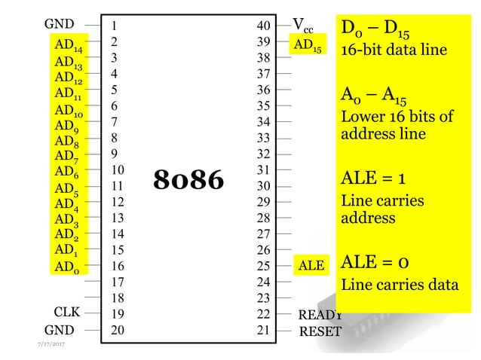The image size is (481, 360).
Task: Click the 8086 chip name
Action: [x=189, y=179]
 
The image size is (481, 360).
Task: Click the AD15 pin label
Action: [x=308, y=46]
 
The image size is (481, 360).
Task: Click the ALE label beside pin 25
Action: [x=311, y=266]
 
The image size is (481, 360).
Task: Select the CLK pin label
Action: [x=66, y=313]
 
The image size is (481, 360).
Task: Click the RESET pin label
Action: [x=320, y=331]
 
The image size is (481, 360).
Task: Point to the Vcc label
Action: [x=305, y=26]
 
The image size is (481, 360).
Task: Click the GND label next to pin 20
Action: [x=60, y=330]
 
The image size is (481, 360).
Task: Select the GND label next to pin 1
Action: [x=60, y=24]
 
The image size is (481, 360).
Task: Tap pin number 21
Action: [x=263, y=329]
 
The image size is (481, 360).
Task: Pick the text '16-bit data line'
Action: [x=394, y=50]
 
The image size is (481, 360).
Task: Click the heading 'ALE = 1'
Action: [x=374, y=178]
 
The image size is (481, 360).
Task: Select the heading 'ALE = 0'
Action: [x=376, y=262]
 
